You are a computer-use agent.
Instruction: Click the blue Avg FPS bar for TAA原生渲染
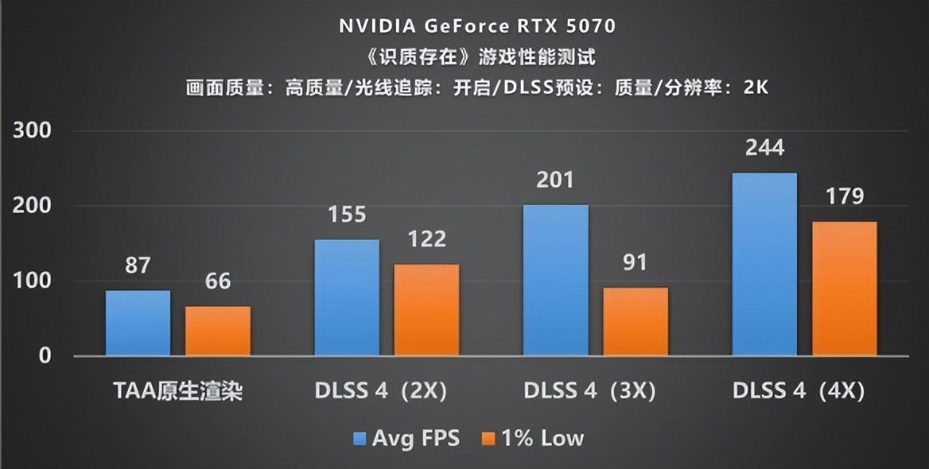click(x=138, y=323)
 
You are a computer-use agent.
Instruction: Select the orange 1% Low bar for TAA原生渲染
click(x=218, y=331)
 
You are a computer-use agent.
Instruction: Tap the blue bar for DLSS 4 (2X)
click(x=347, y=297)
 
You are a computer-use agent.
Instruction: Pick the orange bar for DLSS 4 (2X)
click(x=427, y=310)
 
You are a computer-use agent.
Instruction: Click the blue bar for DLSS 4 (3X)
click(x=555, y=280)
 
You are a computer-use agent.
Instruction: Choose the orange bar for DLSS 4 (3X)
click(x=636, y=321)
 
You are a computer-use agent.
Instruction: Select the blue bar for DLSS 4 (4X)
click(x=764, y=264)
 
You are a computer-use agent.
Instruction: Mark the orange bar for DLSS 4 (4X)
click(x=845, y=289)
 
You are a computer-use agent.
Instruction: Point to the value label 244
click(x=764, y=148)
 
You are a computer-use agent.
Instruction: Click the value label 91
click(x=635, y=262)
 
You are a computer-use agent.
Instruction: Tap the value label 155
click(x=347, y=215)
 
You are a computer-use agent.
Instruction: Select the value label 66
click(x=218, y=281)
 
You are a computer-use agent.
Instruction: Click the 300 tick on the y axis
click(x=32, y=131)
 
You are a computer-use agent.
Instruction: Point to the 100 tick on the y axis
click(x=32, y=281)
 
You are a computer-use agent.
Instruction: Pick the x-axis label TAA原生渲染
click(x=177, y=391)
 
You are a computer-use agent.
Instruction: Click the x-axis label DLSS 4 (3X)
click(x=589, y=391)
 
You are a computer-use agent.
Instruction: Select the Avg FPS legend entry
click(x=406, y=438)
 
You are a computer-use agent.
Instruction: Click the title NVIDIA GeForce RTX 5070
click(x=477, y=25)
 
